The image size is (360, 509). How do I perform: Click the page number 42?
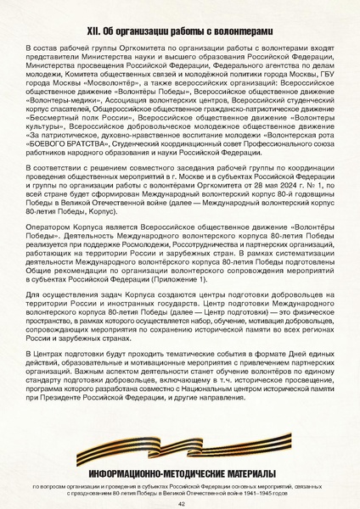pos(180,503)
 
